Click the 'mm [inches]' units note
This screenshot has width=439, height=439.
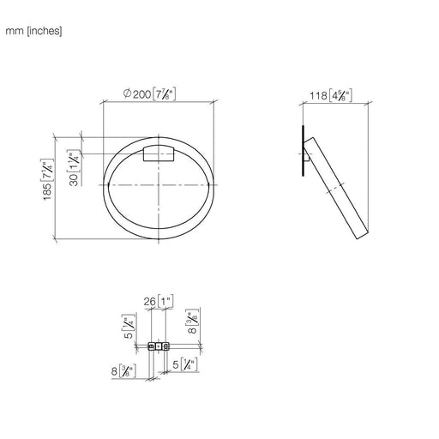33,31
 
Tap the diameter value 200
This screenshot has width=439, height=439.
141,94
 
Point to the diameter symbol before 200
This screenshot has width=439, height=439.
127,93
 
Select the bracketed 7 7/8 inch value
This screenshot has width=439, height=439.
164,94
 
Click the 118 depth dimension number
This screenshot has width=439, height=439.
318,95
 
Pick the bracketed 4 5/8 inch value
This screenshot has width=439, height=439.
340,95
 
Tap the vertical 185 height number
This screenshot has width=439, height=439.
47,191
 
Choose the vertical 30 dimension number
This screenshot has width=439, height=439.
74,180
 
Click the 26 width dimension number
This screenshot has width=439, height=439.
149,302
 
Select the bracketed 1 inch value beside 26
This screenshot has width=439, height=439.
165,302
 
